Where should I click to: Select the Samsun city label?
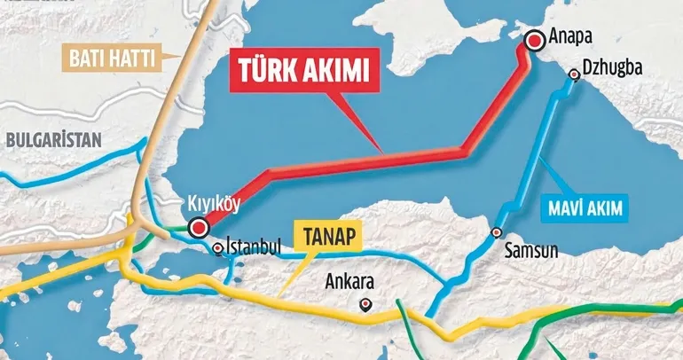tap(531, 250)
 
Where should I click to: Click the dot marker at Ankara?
tap(365, 304)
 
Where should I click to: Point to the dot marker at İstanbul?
tap(218, 247)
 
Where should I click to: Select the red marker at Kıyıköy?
tap(200, 225)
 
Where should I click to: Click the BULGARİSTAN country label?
tap(52, 138)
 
